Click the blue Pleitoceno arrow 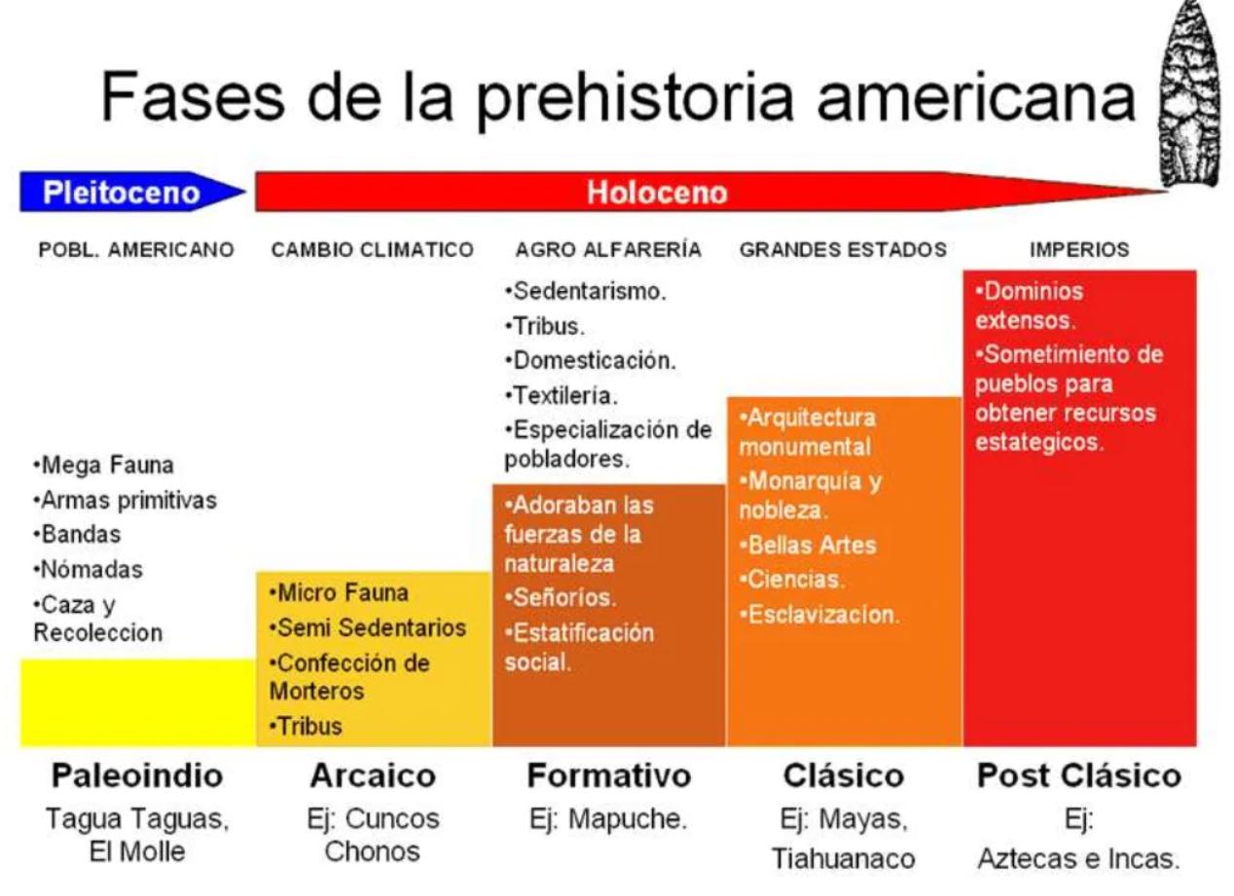click(x=123, y=193)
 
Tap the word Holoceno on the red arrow click(x=657, y=193)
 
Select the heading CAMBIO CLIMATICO click(x=373, y=250)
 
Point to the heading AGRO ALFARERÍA click(x=608, y=250)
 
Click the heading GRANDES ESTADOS click(x=843, y=250)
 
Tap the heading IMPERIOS click(x=1079, y=250)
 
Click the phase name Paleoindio click(x=137, y=776)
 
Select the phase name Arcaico click(x=373, y=776)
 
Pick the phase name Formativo click(x=609, y=776)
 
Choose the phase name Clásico click(x=844, y=776)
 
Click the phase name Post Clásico click(x=1079, y=776)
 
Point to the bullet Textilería click(x=565, y=395)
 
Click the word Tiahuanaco click(x=844, y=860)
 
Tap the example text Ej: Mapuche click(x=608, y=819)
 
